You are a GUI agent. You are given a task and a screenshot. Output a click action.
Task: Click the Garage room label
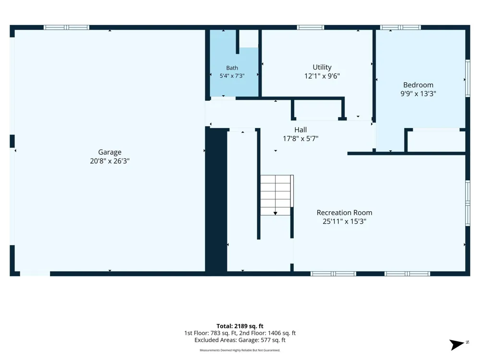point(109,152)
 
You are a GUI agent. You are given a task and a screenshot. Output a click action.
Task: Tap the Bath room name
point(232,68)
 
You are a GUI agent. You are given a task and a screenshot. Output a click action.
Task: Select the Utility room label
point(322,67)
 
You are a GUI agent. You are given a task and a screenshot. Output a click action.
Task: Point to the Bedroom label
point(418,85)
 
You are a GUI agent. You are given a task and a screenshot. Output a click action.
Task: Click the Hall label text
point(300,130)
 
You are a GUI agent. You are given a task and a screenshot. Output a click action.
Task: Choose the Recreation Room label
point(344,213)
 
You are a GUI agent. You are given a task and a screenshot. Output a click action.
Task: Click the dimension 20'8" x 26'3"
point(109,161)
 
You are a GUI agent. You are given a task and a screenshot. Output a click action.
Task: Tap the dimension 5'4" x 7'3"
point(232,76)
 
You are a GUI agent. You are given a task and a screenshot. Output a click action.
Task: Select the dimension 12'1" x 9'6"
point(322,76)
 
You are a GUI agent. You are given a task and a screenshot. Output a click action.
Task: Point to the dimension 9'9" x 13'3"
point(418,94)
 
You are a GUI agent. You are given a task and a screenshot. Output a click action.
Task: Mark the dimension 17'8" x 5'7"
point(300,139)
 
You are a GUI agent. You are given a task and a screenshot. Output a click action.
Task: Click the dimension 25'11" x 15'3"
point(344,221)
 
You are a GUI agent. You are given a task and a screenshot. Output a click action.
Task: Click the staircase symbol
point(277,195)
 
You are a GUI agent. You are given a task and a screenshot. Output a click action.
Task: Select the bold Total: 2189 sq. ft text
point(240,326)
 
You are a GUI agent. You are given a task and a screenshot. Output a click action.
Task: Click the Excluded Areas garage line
point(240,340)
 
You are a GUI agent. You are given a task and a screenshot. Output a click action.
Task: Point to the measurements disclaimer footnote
point(240,350)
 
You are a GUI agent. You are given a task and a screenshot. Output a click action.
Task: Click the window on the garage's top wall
point(66,27)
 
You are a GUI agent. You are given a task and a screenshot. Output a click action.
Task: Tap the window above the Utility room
point(311,27)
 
